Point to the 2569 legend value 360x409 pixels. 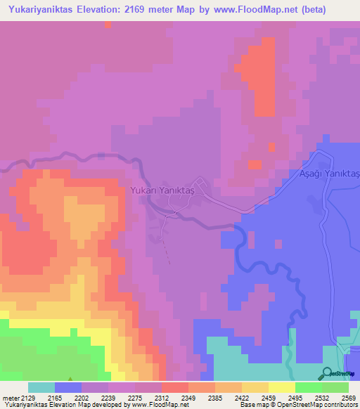[x=340, y=398]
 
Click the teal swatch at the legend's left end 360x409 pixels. [x=41, y=387]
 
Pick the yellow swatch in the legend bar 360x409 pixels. [x=281, y=387]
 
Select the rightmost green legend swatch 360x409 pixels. [x=335, y=387]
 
